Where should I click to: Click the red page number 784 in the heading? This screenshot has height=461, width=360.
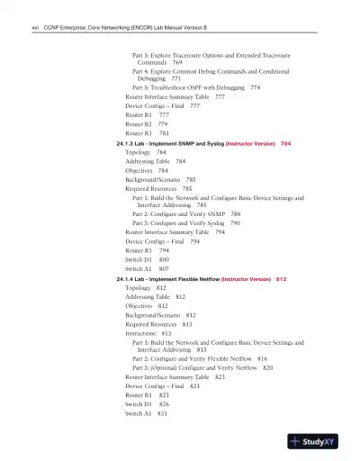(285, 144)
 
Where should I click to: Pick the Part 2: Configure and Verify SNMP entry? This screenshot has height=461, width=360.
(187, 213)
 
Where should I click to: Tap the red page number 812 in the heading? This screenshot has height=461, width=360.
(282, 279)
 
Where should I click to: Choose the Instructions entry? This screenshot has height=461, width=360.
(140, 333)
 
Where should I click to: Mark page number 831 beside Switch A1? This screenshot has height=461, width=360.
(162, 412)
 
